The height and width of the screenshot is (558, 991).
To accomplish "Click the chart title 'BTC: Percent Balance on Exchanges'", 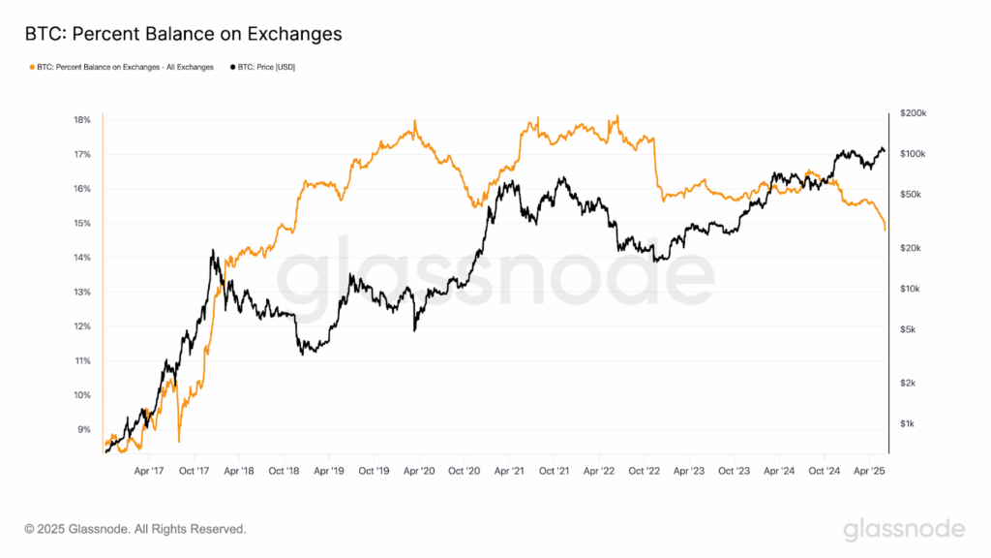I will tap(183, 35).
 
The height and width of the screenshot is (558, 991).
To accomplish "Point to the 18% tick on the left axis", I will tap(81, 120).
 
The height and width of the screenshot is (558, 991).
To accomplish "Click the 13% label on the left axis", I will tap(81, 292).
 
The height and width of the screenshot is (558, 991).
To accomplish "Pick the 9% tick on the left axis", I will tap(84, 429).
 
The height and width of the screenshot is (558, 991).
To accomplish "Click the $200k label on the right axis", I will tap(913, 113).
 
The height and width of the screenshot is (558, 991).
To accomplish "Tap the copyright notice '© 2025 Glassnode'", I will tap(135, 530).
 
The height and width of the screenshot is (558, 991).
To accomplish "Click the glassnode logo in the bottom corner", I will tap(904, 529).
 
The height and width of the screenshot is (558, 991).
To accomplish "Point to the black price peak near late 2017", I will tap(212, 251).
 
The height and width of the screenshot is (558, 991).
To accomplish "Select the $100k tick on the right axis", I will tap(913, 154).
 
